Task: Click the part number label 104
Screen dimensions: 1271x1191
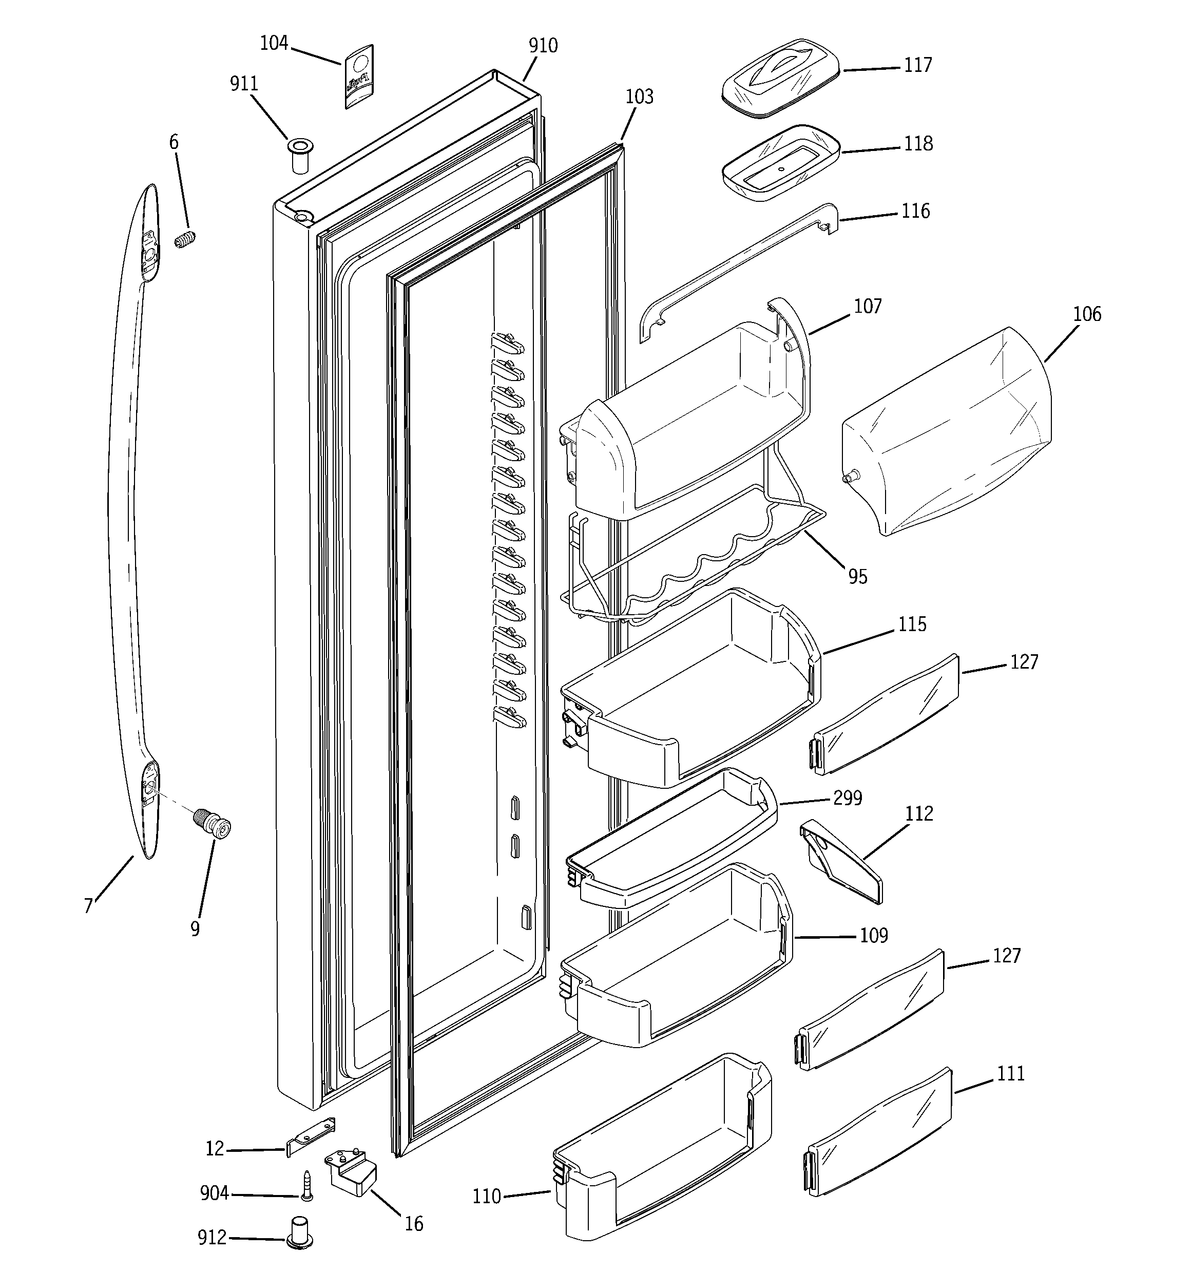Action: click(x=274, y=44)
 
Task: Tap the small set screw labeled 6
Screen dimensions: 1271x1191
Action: click(x=185, y=241)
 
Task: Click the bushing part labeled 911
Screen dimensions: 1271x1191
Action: click(x=299, y=154)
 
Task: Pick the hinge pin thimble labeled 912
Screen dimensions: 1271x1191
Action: click(x=299, y=1231)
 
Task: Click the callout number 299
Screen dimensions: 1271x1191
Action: click(x=848, y=798)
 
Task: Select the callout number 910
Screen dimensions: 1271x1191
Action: click(x=543, y=45)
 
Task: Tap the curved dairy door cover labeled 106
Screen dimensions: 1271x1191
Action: click(x=946, y=434)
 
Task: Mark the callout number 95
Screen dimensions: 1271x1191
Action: click(x=858, y=577)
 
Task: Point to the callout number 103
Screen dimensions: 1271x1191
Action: click(x=639, y=97)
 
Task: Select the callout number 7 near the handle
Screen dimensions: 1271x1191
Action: click(x=88, y=906)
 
